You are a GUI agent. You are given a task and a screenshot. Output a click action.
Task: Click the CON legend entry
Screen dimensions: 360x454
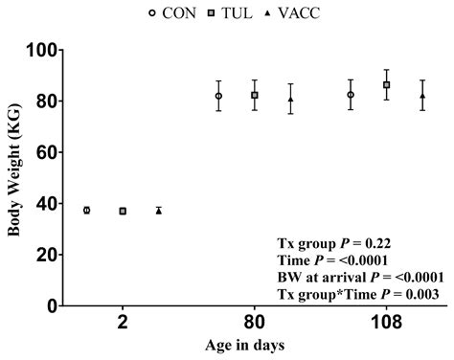click(153, 13)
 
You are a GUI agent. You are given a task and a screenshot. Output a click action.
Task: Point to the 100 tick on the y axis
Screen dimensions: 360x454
click(45, 49)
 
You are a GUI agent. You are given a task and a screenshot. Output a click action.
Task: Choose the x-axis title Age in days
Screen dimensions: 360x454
click(243, 344)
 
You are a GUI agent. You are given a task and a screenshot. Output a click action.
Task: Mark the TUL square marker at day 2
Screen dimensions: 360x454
click(123, 211)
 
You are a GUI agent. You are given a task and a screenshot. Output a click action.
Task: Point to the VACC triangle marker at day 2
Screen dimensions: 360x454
click(159, 210)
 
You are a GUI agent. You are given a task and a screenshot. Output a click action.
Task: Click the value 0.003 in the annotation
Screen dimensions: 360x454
click(419, 293)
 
